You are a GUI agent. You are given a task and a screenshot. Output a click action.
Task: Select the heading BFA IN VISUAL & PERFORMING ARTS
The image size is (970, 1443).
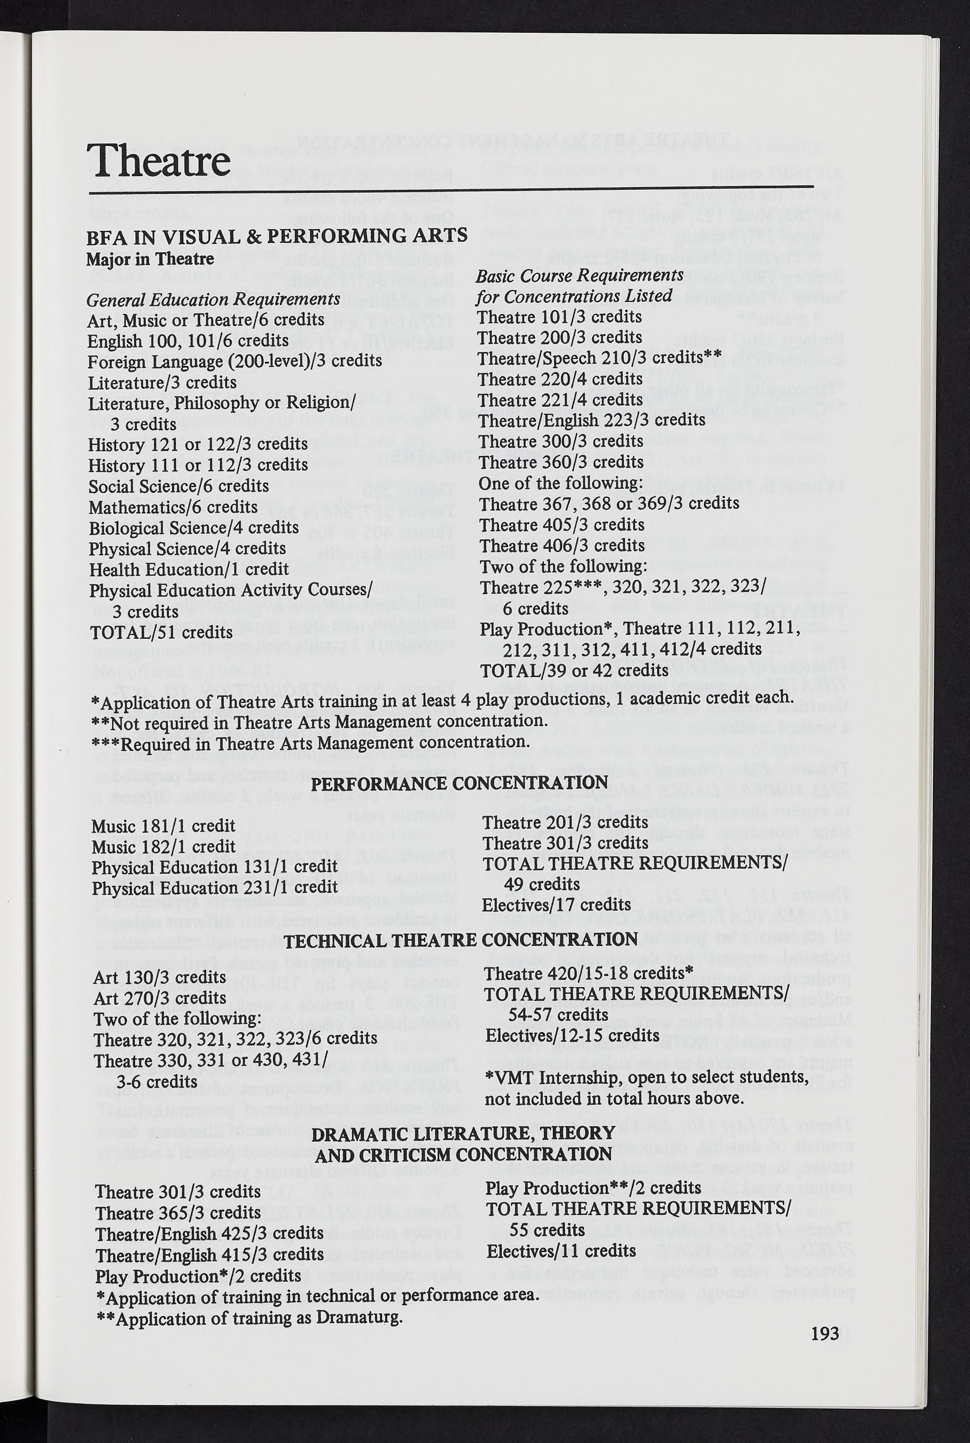pyautogui.click(x=277, y=236)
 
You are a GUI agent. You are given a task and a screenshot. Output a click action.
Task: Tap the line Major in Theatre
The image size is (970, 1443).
pyautogui.click(x=150, y=258)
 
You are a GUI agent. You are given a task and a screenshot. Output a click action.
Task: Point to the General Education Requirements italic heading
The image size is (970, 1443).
pyautogui.click(x=213, y=299)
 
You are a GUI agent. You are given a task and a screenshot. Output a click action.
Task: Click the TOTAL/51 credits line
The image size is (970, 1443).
pyautogui.click(x=161, y=633)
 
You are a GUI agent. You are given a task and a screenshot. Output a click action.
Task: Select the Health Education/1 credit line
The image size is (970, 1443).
pyautogui.click(x=189, y=569)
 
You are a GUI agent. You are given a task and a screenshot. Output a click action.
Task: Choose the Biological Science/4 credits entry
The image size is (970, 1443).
pyautogui.click(x=194, y=528)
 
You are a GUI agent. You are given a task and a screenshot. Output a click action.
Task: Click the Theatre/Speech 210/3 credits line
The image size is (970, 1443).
pyautogui.click(x=600, y=358)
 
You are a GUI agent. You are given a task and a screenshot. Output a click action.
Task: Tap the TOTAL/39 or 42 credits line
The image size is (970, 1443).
pyautogui.click(x=574, y=670)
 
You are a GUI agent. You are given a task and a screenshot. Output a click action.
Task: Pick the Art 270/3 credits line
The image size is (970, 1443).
pyautogui.click(x=160, y=998)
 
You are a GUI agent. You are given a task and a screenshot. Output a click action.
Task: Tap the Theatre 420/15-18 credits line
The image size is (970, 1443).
pyautogui.click(x=588, y=973)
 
